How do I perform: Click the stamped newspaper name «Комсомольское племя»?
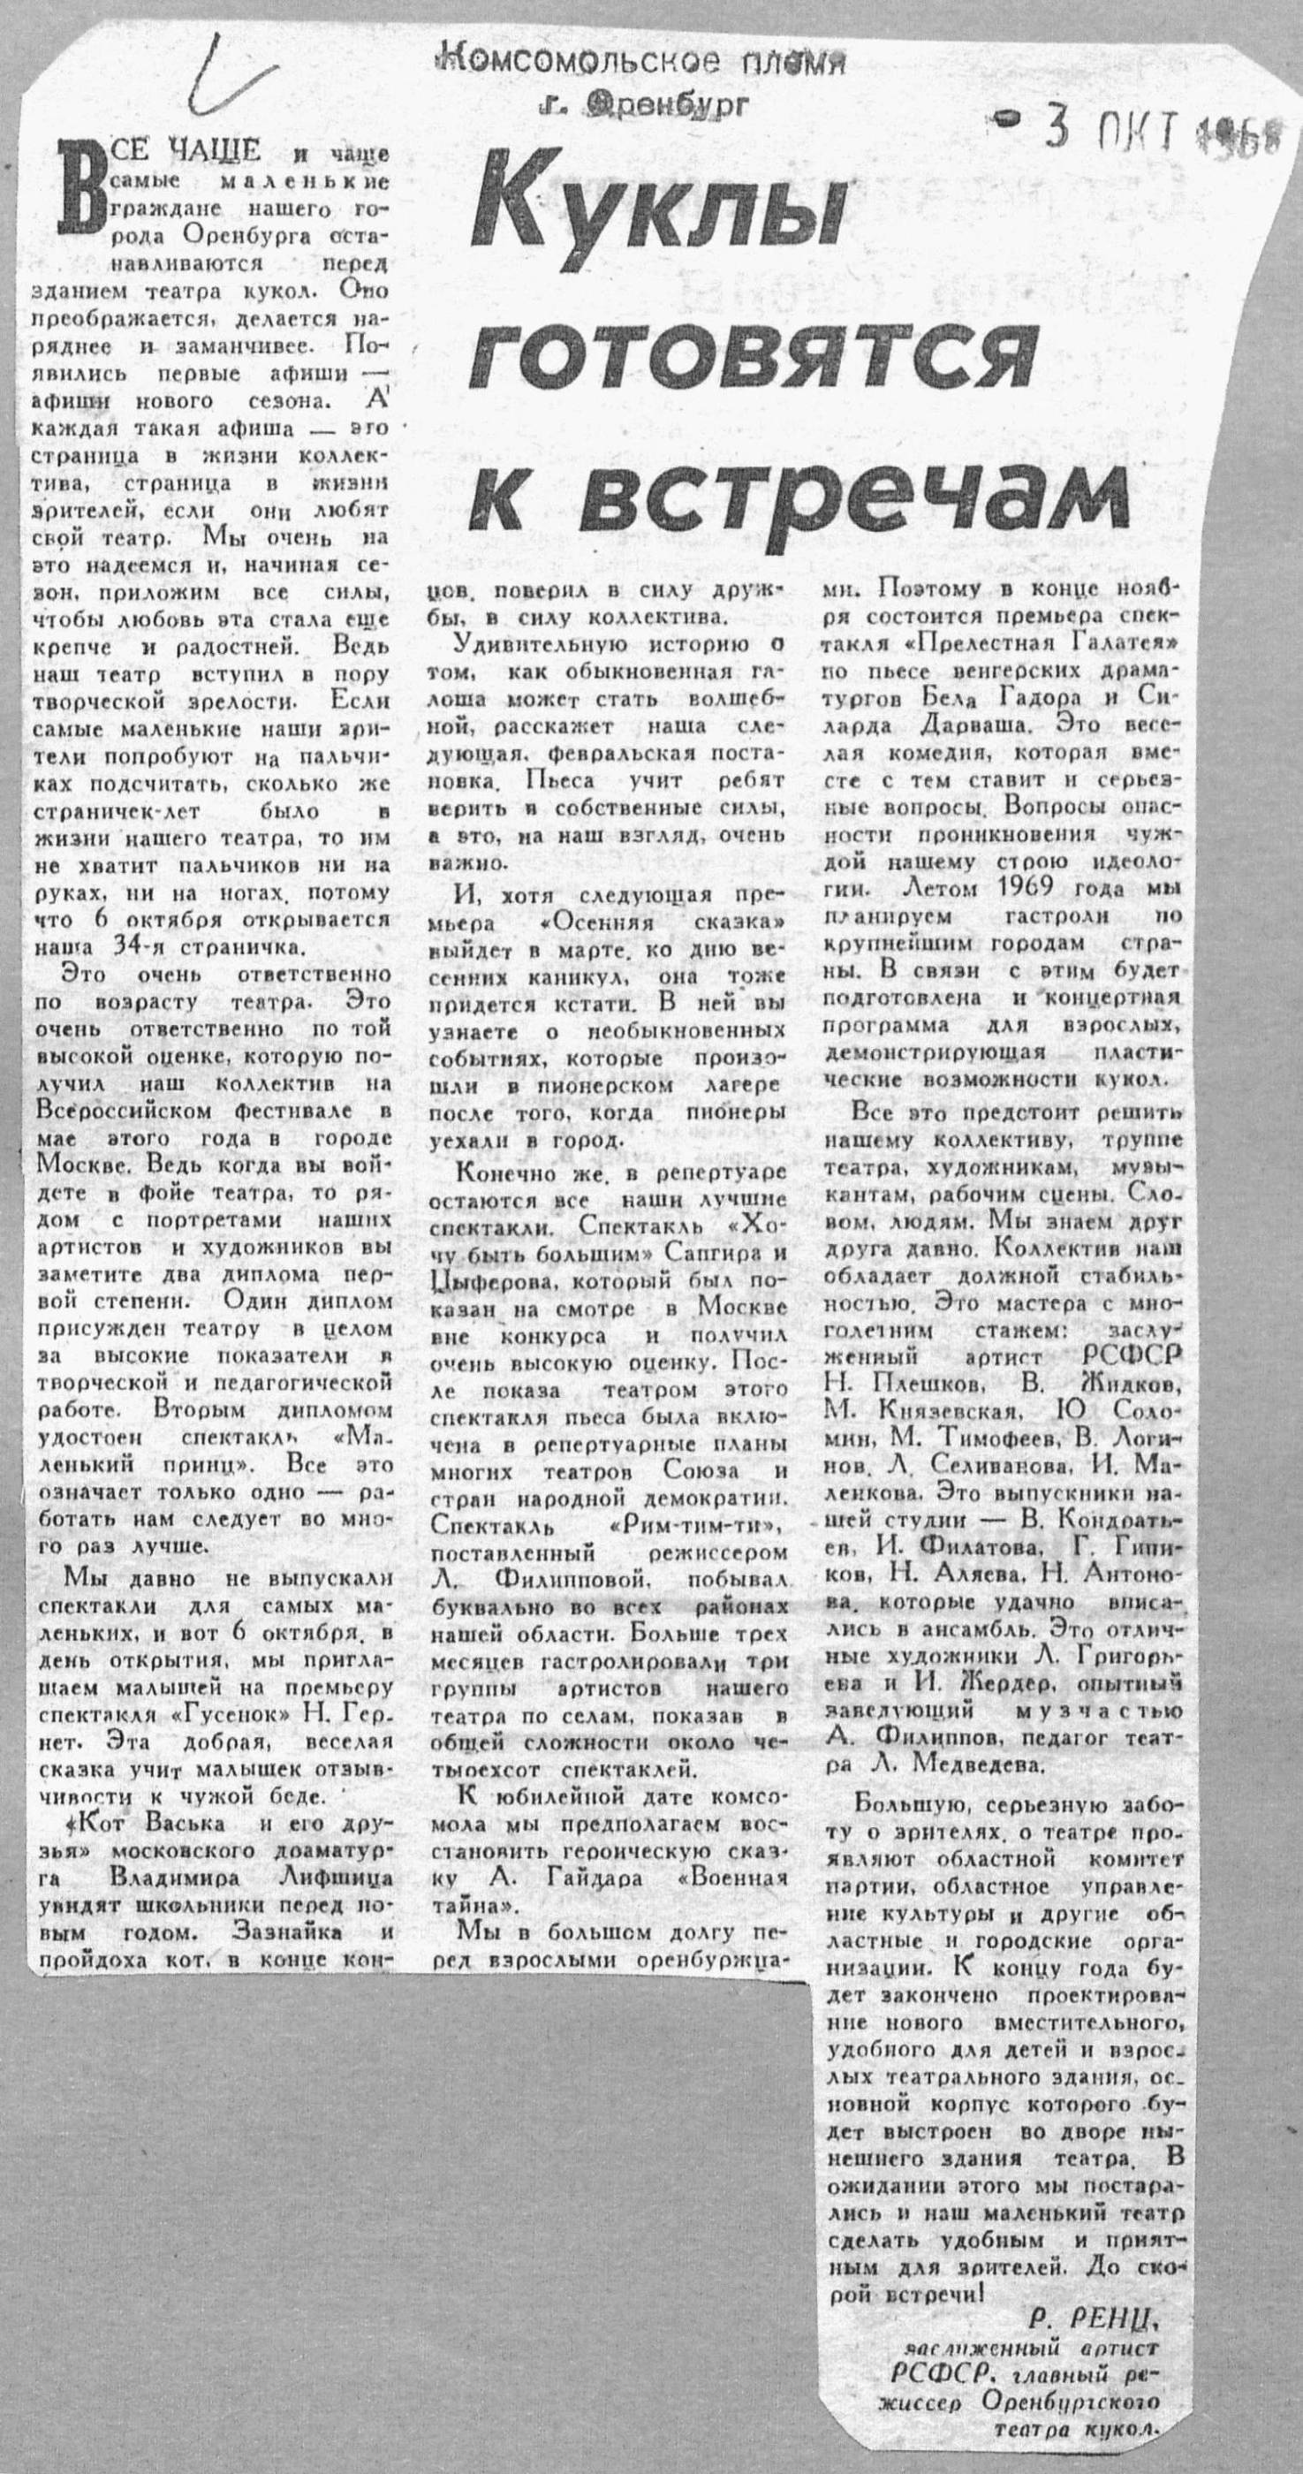(x=640, y=63)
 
